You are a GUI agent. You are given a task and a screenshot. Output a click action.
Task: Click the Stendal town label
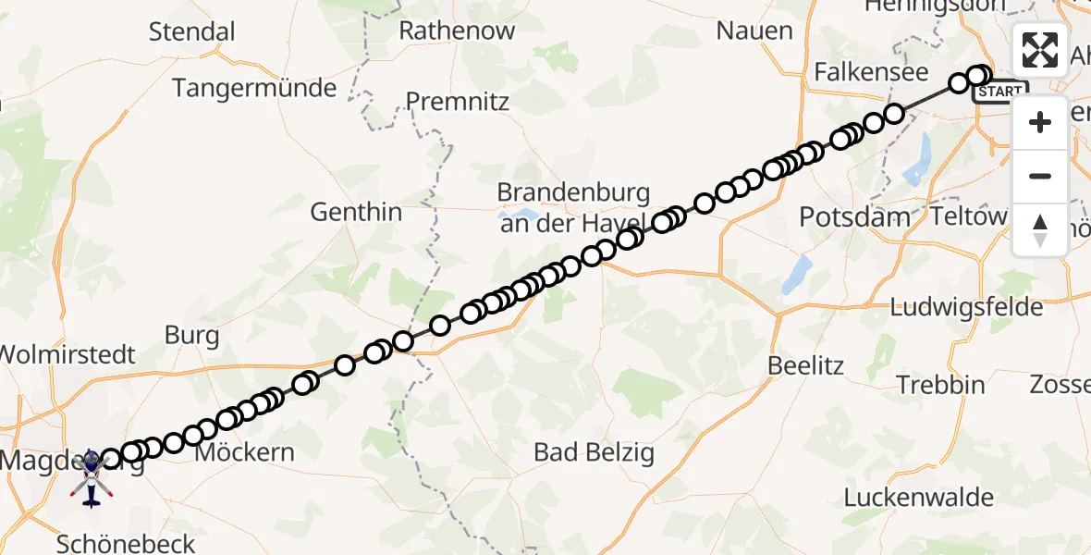click(x=192, y=31)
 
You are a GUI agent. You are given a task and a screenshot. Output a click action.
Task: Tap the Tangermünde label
click(x=254, y=89)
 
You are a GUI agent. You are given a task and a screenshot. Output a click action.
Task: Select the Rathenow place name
click(x=457, y=31)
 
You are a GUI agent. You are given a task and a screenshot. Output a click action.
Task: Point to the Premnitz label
click(x=458, y=101)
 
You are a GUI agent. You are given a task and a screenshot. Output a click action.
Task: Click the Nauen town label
click(x=754, y=31)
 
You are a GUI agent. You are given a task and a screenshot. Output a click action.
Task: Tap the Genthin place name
click(x=356, y=212)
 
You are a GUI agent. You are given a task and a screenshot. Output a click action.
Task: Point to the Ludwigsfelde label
click(x=967, y=307)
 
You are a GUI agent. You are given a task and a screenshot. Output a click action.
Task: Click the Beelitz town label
click(x=805, y=365)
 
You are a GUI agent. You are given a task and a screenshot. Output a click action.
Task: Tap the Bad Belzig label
click(x=595, y=452)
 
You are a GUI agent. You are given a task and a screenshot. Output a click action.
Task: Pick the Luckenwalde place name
click(x=918, y=497)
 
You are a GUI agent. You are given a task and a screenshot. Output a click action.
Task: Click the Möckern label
click(x=245, y=452)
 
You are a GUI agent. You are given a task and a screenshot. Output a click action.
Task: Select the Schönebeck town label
click(x=126, y=543)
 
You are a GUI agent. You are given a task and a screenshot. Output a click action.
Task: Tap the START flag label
click(x=1000, y=92)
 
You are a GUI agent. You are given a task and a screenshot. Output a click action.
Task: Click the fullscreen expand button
click(x=1040, y=49)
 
